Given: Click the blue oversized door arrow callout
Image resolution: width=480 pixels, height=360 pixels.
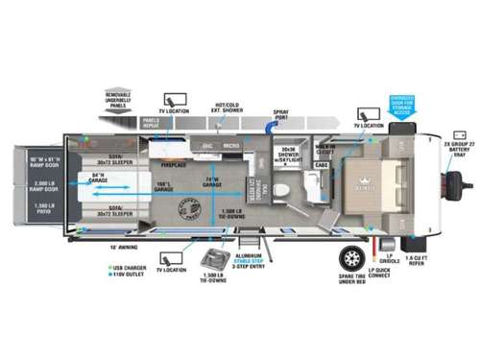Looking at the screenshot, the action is pyautogui.click(x=401, y=105).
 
